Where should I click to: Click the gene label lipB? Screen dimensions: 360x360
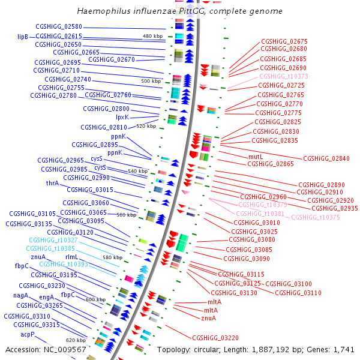pyautogui.click(x=23, y=37)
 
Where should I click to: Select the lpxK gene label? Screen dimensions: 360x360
pyautogui.click(x=122, y=118)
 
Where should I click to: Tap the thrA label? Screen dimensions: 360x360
pyautogui.click(x=52, y=184)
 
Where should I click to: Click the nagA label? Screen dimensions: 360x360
pyautogui.click(x=20, y=296)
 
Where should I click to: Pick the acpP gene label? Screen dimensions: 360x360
pyautogui.click(x=28, y=334)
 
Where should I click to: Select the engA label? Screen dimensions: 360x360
pyautogui.click(x=47, y=297)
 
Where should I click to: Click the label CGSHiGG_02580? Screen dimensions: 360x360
pyautogui.click(x=59, y=27)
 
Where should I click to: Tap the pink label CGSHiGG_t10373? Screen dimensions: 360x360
pyautogui.click(x=284, y=77)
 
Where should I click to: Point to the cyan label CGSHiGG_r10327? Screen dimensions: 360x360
pyautogui.click(x=52, y=240)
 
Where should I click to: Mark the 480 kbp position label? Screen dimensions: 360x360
pyautogui.click(x=152, y=37)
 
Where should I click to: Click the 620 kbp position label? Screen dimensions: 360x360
pyautogui.click(x=76, y=340)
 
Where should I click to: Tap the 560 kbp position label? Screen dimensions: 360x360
pyautogui.click(x=126, y=215)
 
